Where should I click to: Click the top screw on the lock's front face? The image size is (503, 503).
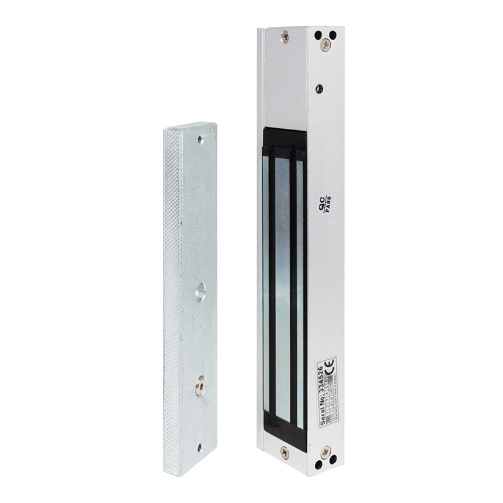coord(285,36)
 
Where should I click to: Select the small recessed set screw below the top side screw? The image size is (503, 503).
coord(320,89)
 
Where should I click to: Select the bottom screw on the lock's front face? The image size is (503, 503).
coord(285,451)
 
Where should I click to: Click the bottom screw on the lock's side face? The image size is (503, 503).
coord(326,451)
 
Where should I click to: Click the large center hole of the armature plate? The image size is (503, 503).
coord(201,290)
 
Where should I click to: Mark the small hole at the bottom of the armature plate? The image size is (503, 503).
coord(199,448)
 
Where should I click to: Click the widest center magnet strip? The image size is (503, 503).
coord(282,289)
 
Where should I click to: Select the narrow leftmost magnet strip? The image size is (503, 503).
coord(265,289)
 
